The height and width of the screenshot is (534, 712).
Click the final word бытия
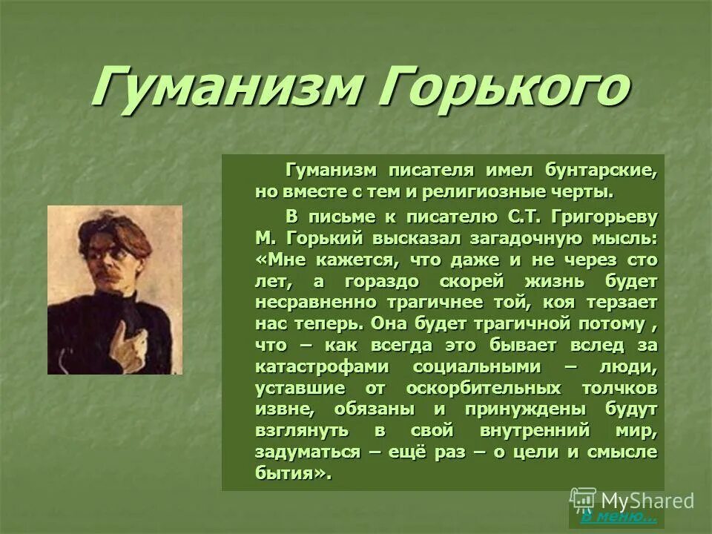click(x=289, y=474)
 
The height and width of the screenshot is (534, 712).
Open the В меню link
click(x=617, y=516)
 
